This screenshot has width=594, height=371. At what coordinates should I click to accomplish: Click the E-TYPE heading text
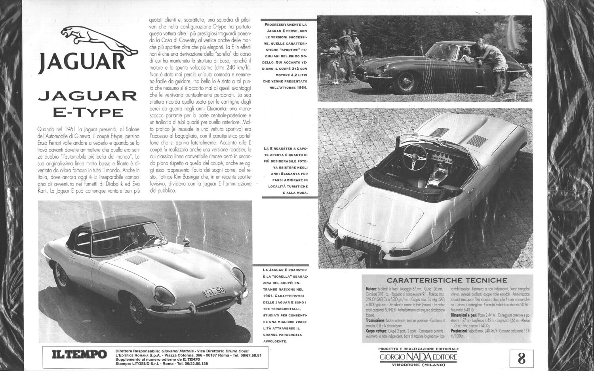(88, 112)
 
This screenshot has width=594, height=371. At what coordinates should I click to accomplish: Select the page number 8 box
(522, 358)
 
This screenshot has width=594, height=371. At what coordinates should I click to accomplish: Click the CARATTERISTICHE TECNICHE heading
(446, 280)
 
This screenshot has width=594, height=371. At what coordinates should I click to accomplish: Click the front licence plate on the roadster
(214, 293)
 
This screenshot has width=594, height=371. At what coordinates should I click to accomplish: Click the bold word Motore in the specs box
(371, 289)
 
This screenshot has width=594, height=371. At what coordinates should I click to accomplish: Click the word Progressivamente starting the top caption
(282, 25)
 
